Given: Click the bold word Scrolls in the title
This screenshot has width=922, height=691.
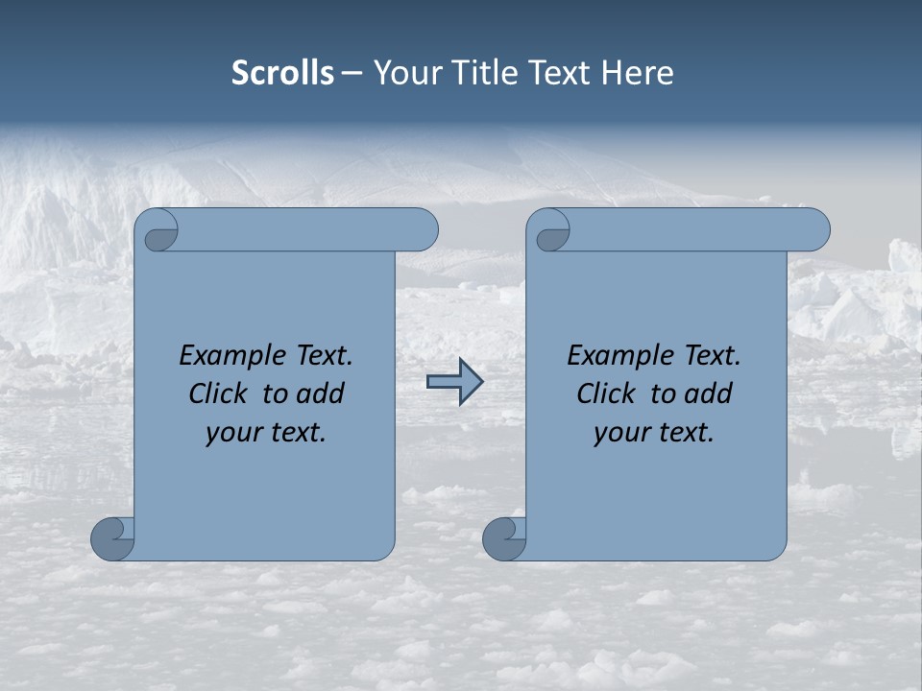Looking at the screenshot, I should coord(283,73).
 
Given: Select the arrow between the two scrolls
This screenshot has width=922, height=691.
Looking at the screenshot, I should coord(454,382).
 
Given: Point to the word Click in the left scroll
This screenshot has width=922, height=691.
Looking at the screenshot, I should coord(222,393).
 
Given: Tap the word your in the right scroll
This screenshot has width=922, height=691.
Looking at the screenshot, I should coord(619,433).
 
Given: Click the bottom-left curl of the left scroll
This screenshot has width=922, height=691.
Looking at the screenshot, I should coord(113,537).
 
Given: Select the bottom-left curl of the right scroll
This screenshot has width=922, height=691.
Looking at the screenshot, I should coord(504,537).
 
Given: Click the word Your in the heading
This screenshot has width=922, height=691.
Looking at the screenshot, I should coord(406,73).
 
